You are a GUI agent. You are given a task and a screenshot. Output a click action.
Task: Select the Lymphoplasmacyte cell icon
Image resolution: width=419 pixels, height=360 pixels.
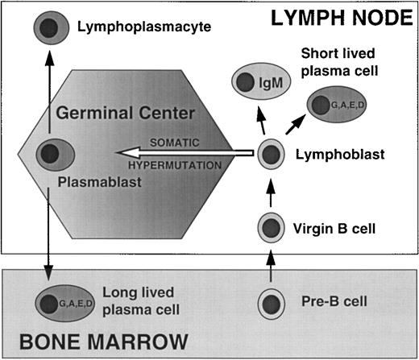pos(50,29)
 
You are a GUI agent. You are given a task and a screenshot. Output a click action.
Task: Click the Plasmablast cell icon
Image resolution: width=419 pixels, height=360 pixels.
pos(50,153)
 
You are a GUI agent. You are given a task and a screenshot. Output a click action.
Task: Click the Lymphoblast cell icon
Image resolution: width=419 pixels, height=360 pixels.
pos(270,151)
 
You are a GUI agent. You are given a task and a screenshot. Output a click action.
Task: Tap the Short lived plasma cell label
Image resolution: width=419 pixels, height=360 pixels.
pos(339,64)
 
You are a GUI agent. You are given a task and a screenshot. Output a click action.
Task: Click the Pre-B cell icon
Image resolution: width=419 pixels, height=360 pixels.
pos(270,304)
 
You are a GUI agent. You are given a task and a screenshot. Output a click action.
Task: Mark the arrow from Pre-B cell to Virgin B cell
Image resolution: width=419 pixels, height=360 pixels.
pos(270,267)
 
